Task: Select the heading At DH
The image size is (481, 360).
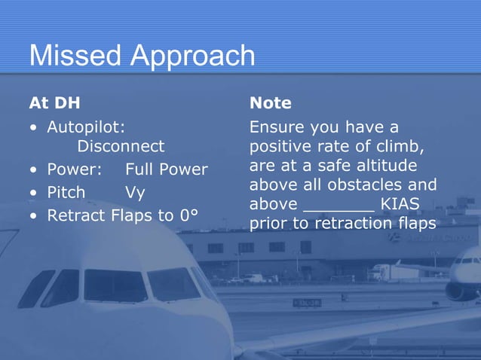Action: pyautogui.click(x=54, y=102)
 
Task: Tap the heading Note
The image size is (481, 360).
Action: pyautogui.click(x=271, y=102)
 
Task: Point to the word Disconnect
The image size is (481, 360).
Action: pyautogui.click(x=121, y=145)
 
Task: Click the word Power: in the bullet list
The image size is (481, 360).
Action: pyautogui.click(x=75, y=169)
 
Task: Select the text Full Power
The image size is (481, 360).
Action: pyautogui.click(x=166, y=169)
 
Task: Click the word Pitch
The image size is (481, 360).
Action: pyautogui.click(x=66, y=192)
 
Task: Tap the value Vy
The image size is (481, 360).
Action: pyautogui.click(x=135, y=193)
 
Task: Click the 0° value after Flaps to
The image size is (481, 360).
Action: pyautogui.click(x=188, y=215)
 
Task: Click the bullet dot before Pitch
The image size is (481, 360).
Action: pyautogui.click(x=33, y=193)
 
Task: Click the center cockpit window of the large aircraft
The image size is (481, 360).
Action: pyautogui.click(x=115, y=285)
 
